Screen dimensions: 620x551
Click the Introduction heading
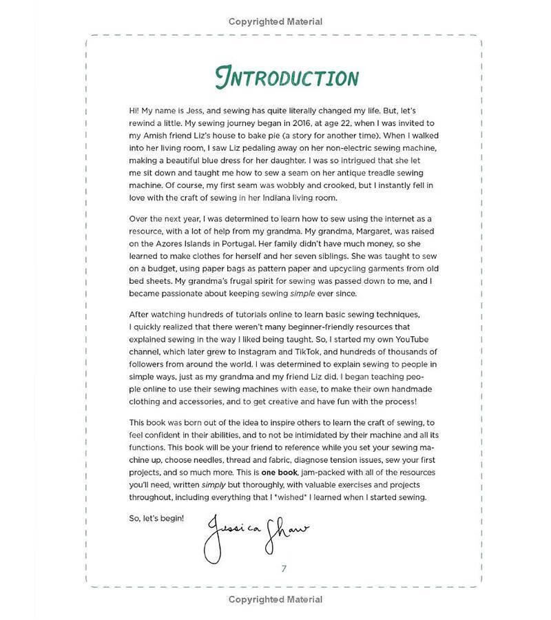pyautogui.click(x=287, y=78)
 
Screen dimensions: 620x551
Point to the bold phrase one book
pyautogui.click(x=279, y=472)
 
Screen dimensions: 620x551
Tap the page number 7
pyautogui.click(x=284, y=568)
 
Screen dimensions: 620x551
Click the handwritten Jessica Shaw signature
pyautogui.click(x=255, y=533)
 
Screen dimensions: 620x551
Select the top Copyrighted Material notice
pyautogui.click(x=275, y=21)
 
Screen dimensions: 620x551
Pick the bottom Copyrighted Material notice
pyautogui.click(x=275, y=599)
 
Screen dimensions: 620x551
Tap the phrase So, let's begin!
pyautogui.click(x=157, y=517)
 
